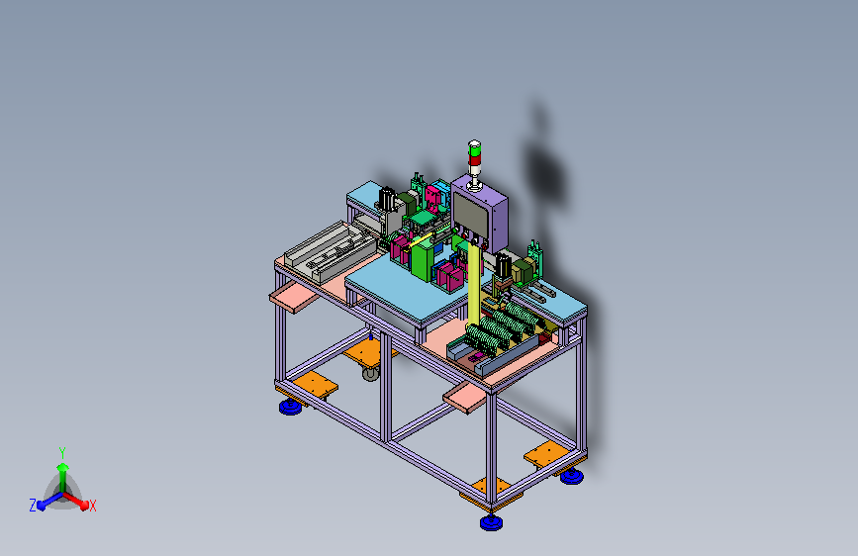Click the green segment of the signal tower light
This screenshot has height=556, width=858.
point(474,146)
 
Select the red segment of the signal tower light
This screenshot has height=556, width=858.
point(474,158)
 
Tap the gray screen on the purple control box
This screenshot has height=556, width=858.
point(470,213)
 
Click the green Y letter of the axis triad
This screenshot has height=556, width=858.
point(62,453)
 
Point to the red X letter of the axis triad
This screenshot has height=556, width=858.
point(92,507)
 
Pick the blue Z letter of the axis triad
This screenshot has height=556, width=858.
point(33,506)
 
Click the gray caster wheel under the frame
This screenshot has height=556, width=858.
point(370,374)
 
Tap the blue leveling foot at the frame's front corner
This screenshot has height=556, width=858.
point(491,522)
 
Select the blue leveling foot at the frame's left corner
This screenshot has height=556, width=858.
point(291,407)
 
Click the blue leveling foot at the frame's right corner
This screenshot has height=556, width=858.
point(572,476)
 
